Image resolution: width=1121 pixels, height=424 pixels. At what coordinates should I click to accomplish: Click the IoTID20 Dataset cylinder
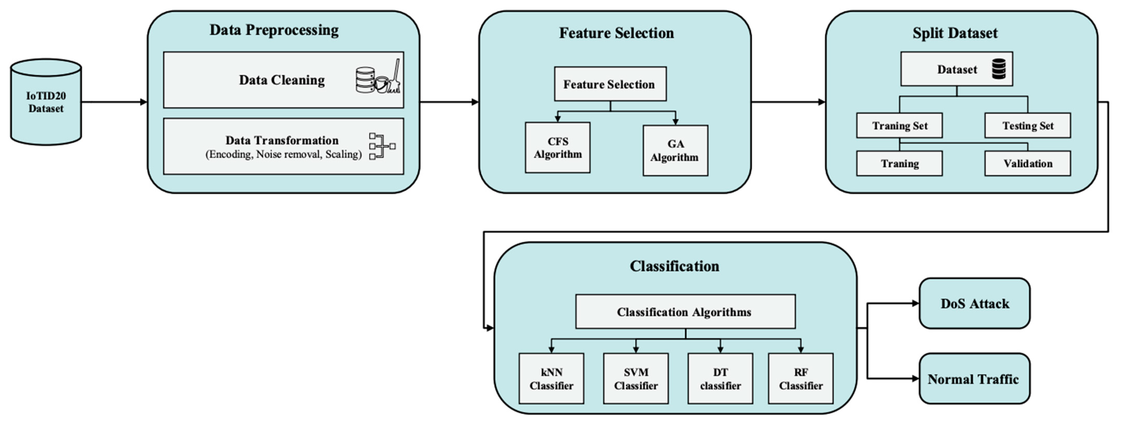(46, 102)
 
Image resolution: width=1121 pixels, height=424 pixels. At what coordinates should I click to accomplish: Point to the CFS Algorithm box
(557, 148)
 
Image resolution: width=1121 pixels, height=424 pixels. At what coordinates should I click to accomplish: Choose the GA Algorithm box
(675, 151)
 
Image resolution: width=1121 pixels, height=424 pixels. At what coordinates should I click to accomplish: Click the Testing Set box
(1027, 125)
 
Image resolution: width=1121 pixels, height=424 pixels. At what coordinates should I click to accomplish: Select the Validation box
(1027, 163)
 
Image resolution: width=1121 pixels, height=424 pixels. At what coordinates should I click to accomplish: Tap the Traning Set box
(899, 125)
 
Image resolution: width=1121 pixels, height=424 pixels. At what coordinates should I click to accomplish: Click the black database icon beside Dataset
(999, 69)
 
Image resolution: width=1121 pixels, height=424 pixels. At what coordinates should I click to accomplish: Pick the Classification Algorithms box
(685, 312)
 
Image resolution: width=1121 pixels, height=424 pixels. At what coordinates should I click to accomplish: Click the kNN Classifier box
(551, 378)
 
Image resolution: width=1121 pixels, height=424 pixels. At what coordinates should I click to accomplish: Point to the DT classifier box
(720, 378)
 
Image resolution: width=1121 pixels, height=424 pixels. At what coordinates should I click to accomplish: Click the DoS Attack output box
(974, 303)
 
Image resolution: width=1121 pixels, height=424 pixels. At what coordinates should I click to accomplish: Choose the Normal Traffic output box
(974, 379)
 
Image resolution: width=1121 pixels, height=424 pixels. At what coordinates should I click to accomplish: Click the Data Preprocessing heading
(274, 30)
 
